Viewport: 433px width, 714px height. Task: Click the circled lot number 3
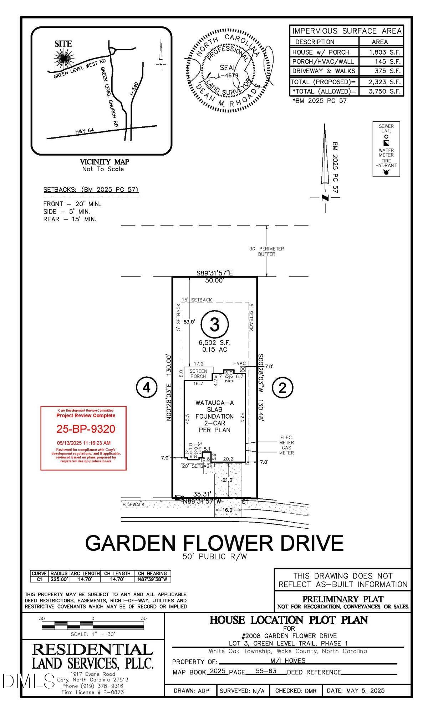[214, 325]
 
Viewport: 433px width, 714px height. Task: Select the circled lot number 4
[147, 387]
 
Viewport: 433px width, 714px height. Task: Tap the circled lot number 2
[282, 388]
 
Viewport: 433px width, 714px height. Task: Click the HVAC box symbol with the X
[243, 369]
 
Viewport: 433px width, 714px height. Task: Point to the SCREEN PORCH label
[198, 373]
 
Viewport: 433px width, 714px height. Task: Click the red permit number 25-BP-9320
[86, 429]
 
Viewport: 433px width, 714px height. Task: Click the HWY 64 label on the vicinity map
[85, 131]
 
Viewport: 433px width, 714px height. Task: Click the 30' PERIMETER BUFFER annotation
[266, 251]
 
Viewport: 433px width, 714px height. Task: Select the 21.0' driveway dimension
[228, 480]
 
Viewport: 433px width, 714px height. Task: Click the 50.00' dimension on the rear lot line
[214, 281]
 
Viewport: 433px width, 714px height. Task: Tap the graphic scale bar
[93, 625]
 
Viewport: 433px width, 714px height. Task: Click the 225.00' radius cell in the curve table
[59, 579]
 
